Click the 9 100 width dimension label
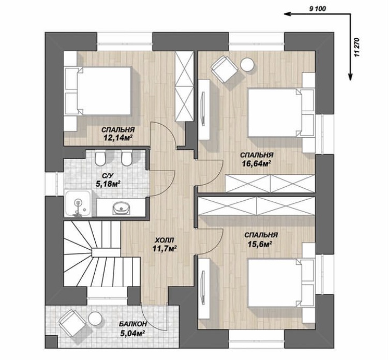coord(318,9)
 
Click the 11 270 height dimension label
coord(356,48)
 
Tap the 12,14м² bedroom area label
coord(117,138)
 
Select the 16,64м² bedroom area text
coord(256,163)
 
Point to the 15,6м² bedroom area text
coord(260,244)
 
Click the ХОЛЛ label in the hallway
coord(165,240)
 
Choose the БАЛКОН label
coord(133,324)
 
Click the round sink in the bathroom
coord(121,208)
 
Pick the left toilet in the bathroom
coord(100,158)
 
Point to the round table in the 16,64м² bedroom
coord(247,65)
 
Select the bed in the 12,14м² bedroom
coord(98,91)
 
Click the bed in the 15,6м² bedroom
coord(281,283)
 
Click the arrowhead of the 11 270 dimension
coord(350,77)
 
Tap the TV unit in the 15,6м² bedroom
coord(204,288)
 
